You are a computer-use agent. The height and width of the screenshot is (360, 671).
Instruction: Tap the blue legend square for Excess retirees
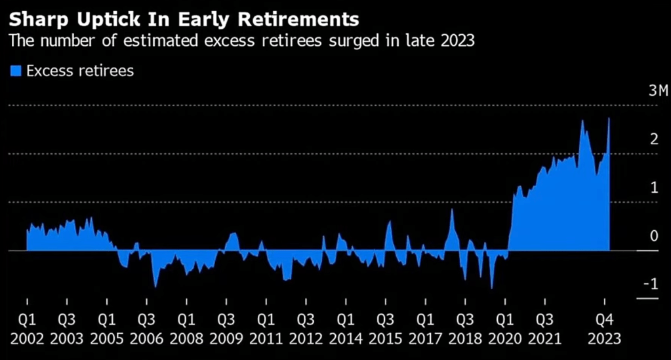click(x=15, y=71)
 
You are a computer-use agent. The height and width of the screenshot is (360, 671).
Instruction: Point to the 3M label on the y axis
click(x=657, y=90)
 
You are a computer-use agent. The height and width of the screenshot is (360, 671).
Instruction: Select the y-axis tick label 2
click(x=653, y=139)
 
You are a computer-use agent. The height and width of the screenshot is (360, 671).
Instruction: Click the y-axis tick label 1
click(x=654, y=188)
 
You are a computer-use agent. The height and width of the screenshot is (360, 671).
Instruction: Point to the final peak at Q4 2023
click(x=609, y=119)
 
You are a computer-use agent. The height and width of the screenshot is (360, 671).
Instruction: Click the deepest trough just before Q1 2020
click(x=491, y=288)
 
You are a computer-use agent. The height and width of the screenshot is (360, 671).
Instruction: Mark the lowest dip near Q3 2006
click(x=155, y=287)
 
